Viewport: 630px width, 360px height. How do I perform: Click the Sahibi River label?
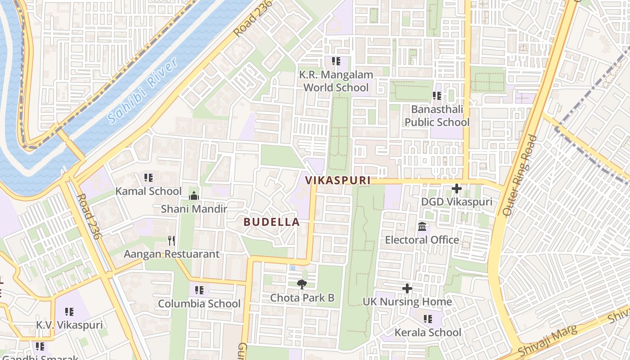coord(143,91)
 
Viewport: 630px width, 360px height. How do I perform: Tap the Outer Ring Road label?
coord(521,175)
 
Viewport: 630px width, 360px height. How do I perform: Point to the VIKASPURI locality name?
coord(337,180)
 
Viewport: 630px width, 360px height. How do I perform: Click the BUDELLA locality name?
coord(271,222)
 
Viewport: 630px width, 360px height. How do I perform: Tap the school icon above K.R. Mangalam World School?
coord(336,61)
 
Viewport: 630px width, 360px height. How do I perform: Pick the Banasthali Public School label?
coord(436,116)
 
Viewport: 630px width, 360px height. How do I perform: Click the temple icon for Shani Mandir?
coord(194,196)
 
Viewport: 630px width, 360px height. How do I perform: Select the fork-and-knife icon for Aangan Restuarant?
coord(171,240)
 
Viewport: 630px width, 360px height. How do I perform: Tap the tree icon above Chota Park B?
coord(301,284)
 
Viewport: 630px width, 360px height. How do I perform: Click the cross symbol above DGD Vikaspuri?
coord(456,189)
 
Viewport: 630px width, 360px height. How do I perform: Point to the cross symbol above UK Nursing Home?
coord(407,288)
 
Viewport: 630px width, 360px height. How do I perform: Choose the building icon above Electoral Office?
coord(422,226)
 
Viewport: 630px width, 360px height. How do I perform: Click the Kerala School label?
coord(427,333)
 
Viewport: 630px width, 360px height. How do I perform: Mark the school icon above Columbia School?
coord(199,290)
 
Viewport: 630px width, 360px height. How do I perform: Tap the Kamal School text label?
coord(148,191)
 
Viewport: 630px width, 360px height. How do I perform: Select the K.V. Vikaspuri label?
coord(69,325)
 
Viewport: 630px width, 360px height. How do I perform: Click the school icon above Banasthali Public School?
coord(436,95)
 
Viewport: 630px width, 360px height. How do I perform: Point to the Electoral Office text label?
coord(422,240)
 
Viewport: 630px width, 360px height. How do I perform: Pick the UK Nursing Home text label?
coord(407,301)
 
